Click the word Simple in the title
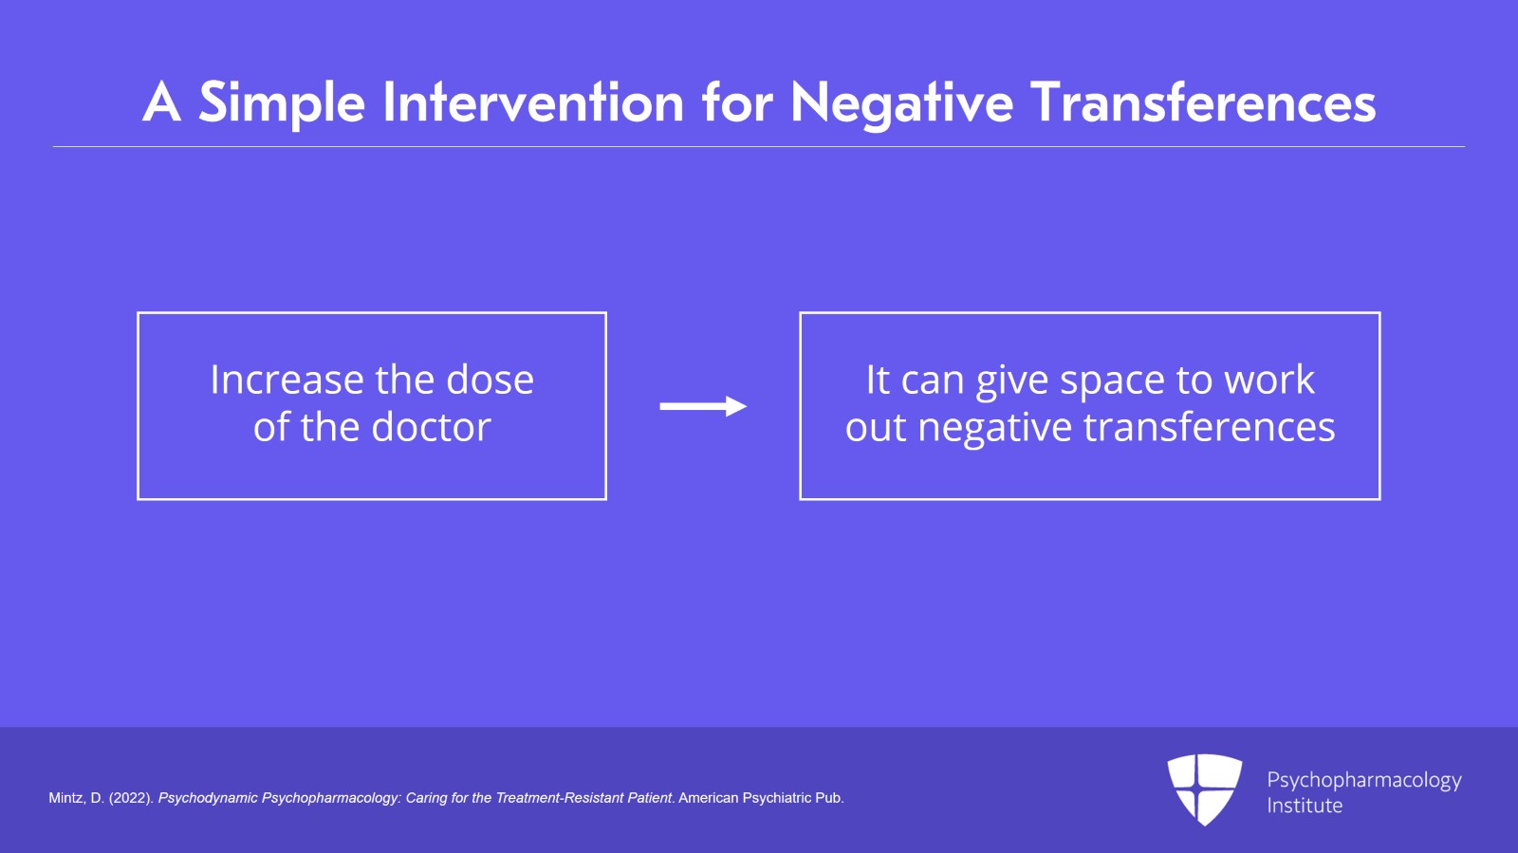click(282, 103)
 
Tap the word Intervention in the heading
click(533, 102)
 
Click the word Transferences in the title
click(1204, 102)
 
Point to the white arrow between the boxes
click(703, 406)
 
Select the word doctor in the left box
click(431, 427)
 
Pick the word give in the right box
click(1012, 381)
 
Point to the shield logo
click(1204, 789)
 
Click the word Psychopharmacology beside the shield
click(1364, 781)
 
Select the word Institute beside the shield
click(1305, 805)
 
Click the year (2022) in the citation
click(131, 798)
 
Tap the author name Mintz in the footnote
click(66, 798)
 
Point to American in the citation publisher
click(708, 798)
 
